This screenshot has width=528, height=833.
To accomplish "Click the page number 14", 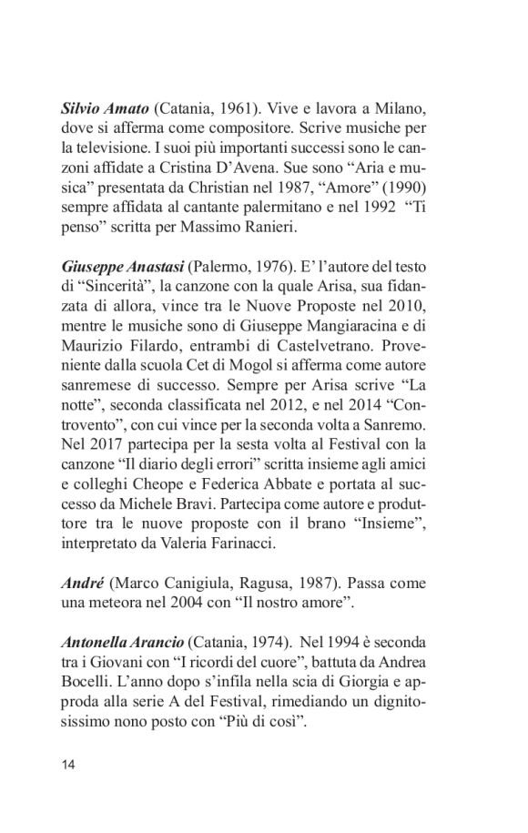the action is coord(70,765).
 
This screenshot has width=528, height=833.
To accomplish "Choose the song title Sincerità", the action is coord(105,290).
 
